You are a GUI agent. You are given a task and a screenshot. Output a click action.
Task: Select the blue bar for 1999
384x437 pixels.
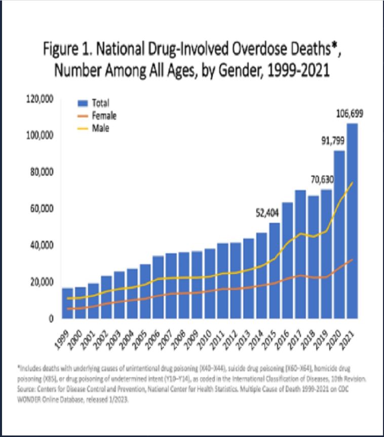pos(67,303)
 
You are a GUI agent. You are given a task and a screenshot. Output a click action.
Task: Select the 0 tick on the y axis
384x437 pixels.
pos(52,319)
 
